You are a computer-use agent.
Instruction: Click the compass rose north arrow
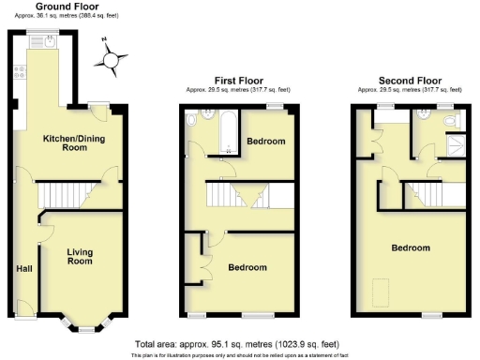click(x=112, y=61)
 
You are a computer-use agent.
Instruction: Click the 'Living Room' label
click(x=80, y=256)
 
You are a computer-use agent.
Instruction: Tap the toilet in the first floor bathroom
click(x=192, y=120)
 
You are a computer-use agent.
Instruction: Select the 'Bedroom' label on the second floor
click(x=411, y=248)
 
